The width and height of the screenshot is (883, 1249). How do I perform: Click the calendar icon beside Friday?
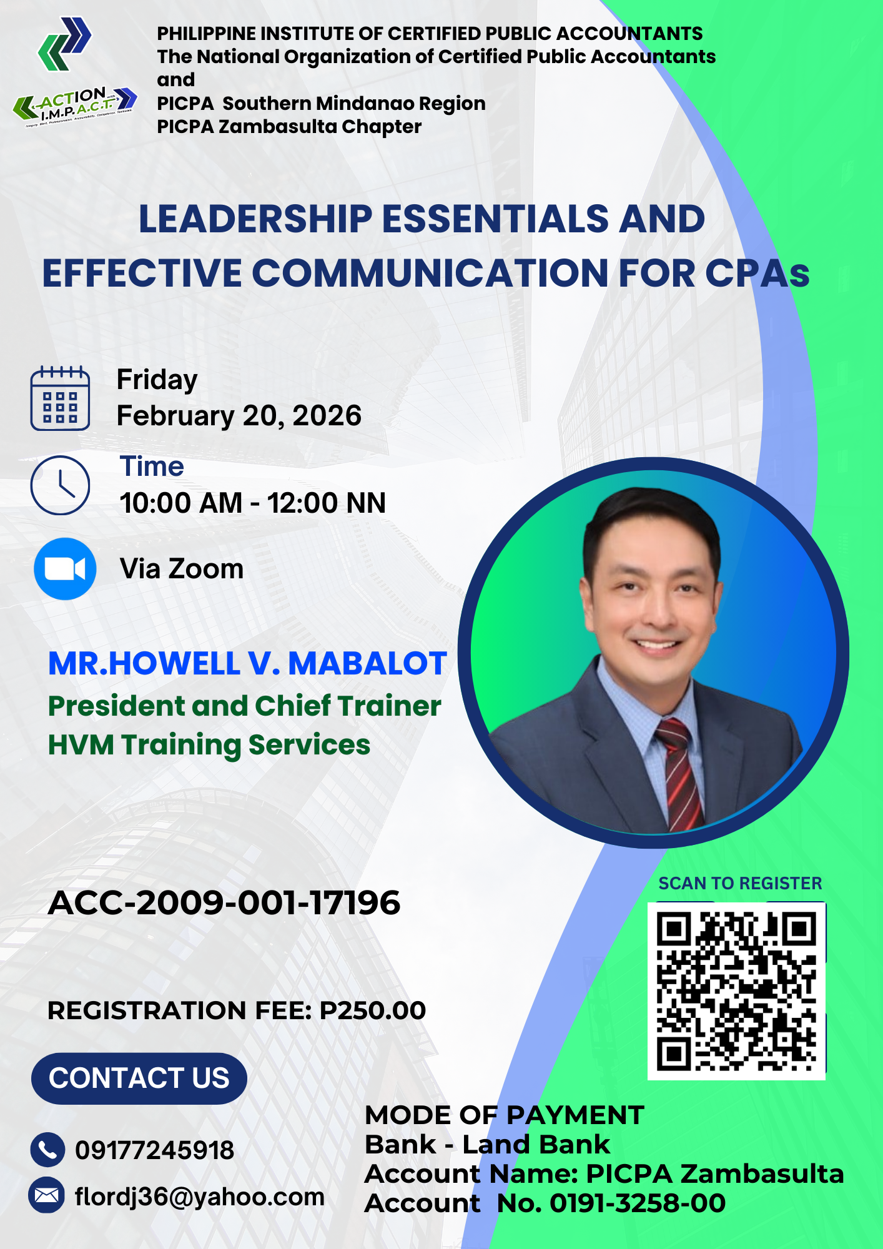tap(60, 398)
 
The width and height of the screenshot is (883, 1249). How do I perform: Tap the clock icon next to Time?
tap(60, 485)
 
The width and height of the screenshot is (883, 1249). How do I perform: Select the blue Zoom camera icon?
tap(65, 569)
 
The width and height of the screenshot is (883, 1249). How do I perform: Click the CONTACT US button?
tap(139, 1079)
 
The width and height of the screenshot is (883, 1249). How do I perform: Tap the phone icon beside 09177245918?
tap(47, 1150)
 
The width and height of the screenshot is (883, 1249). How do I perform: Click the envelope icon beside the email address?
tap(47, 1195)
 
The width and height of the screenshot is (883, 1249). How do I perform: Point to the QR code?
tap(737, 991)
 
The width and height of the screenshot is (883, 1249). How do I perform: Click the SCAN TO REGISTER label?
tap(740, 883)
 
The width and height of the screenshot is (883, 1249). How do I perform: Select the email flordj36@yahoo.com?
tap(200, 1197)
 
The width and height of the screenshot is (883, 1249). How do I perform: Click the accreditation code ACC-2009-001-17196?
tap(224, 903)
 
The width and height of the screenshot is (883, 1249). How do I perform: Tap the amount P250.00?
tap(373, 1010)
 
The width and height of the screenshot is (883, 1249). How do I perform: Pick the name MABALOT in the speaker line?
tap(367, 663)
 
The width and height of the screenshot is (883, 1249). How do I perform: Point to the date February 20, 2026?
tap(239, 416)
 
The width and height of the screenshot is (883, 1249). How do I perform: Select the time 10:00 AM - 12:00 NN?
tap(253, 503)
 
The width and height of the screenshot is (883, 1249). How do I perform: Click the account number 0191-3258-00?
tap(638, 1203)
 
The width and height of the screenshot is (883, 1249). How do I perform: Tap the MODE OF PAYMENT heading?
tap(505, 1115)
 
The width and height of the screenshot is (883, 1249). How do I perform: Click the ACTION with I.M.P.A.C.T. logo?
tap(75, 106)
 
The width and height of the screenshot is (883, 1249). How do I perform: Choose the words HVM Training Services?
tap(209, 745)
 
